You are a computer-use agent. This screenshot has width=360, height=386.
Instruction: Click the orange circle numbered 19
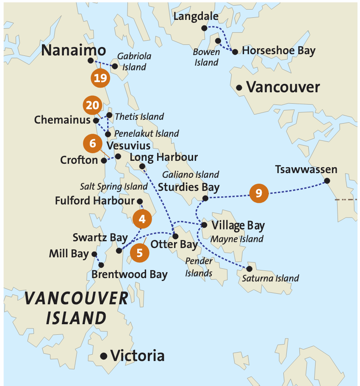pos(100,78)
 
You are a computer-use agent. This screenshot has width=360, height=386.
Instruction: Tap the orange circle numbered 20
pos(92,105)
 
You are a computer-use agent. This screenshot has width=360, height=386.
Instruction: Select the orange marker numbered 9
pos(259,193)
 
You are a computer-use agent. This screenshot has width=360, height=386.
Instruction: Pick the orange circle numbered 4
pos(142,219)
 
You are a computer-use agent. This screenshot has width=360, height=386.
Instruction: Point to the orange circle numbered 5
pos(139,253)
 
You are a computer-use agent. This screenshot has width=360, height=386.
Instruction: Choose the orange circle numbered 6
pos(93,143)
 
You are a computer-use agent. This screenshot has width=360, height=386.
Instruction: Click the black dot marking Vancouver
pos(239,88)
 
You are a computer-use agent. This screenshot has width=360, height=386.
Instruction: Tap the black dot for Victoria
pos(103,356)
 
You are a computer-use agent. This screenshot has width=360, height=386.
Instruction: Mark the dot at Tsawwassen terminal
pos(327,181)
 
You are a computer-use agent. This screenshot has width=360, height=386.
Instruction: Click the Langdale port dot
pos(204,28)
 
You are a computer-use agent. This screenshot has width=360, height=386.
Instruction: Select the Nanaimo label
pos(74,51)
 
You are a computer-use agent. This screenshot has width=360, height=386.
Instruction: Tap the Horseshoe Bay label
pos(279,51)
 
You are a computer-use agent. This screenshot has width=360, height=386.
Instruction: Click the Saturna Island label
pos(270,278)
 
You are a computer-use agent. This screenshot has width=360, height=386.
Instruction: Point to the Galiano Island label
pos(191,174)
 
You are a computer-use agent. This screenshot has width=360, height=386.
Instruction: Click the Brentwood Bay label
pos(130,274)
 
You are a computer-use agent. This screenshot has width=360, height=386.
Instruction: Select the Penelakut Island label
pos(147,134)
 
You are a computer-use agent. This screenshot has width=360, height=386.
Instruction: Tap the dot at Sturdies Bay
pos(205,198)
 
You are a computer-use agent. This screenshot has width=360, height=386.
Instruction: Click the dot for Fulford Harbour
pos(140,201)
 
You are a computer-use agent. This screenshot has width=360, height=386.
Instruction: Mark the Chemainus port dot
pos(96,120)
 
